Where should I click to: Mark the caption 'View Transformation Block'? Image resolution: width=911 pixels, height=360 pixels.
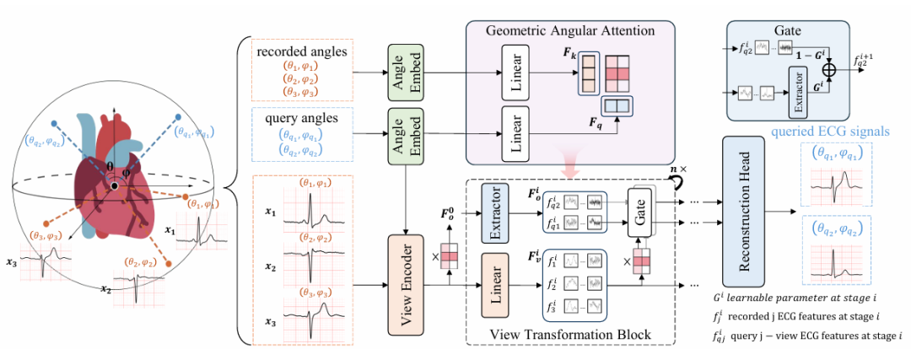(x=570, y=334)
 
